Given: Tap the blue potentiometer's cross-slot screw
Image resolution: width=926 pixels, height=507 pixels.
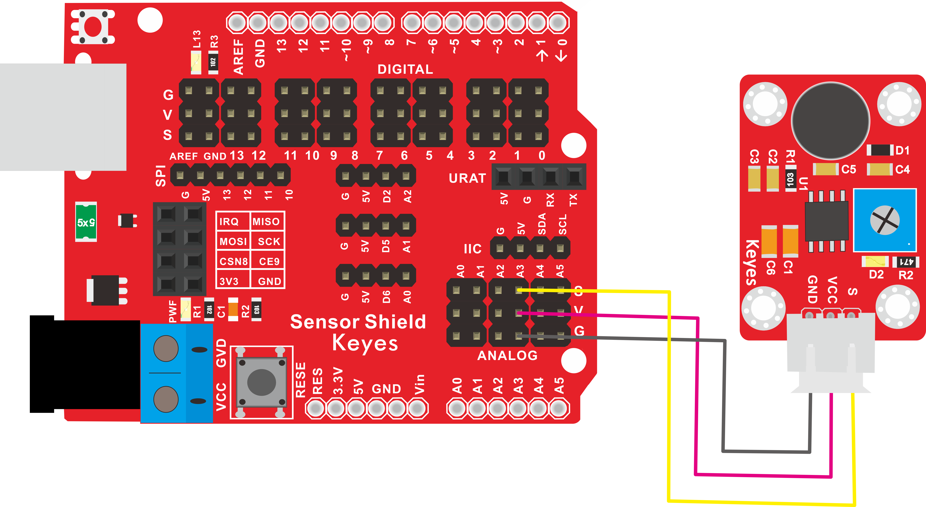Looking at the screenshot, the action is point(885,220).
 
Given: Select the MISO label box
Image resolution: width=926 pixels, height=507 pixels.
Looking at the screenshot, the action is point(266,221).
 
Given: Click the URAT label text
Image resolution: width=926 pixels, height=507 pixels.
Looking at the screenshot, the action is point(467,178).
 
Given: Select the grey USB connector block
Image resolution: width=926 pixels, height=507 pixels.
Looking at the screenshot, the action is point(63,117).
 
